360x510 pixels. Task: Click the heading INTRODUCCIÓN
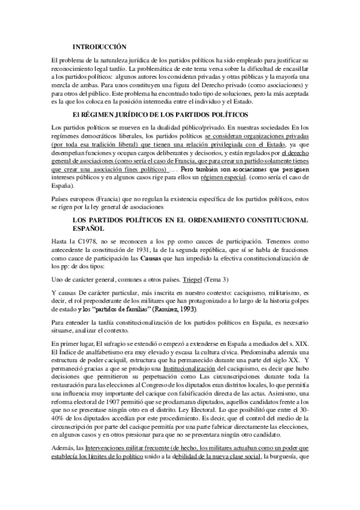pos(99,46)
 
